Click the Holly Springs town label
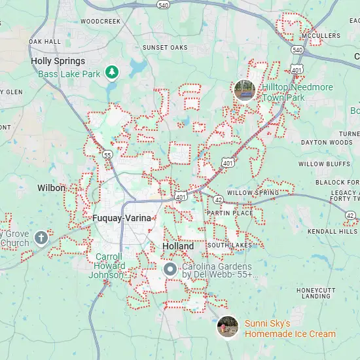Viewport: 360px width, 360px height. point(58,61)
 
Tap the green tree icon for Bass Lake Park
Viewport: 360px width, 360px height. point(113,71)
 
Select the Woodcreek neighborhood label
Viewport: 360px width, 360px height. point(101,21)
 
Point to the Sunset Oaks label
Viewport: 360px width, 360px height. point(164,48)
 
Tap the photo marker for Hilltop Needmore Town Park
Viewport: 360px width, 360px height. point(244,90)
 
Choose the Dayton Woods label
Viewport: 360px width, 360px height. point(327,142)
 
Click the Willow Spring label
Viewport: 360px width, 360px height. point(253,192)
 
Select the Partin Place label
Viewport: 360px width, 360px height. point(229,213)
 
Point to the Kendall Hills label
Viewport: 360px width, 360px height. point(333,232)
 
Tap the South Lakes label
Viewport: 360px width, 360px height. point(229,245)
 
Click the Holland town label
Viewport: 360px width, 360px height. point(177,246)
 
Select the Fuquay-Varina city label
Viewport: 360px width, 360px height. point(121,218)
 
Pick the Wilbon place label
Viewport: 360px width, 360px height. point(51,188)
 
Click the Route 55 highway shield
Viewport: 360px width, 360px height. point(107,154)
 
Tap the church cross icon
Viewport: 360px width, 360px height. point(41,237)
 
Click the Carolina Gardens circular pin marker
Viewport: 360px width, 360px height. point(170,268)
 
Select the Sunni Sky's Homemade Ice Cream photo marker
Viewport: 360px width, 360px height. point(227,326)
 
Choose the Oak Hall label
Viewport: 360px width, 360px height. point(45,41)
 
